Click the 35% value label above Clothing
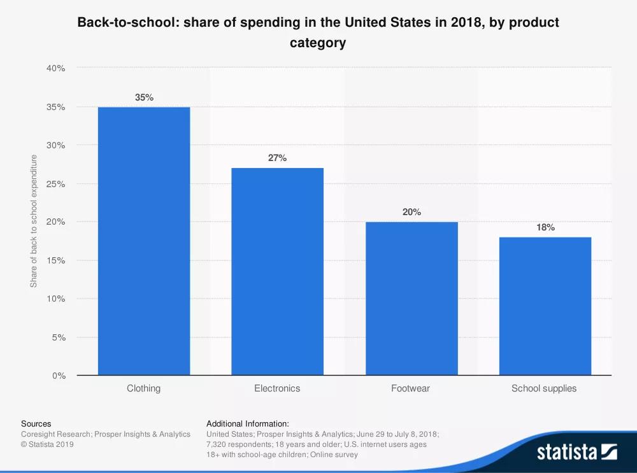coord(144,97)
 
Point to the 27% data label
coord(277,158)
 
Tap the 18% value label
coord(545,227)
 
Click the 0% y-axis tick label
coord(59,376)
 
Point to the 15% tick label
coord(57,260)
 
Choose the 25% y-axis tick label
coord(57,184)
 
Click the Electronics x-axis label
coord(277,388)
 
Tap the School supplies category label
coord(544,388)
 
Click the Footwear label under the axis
coord(410,388)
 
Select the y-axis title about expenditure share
coord(34,221)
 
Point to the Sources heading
coord(36,423)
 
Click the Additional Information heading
coord(248,423)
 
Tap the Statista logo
coord(576,452)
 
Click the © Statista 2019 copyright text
coord(47,444)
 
